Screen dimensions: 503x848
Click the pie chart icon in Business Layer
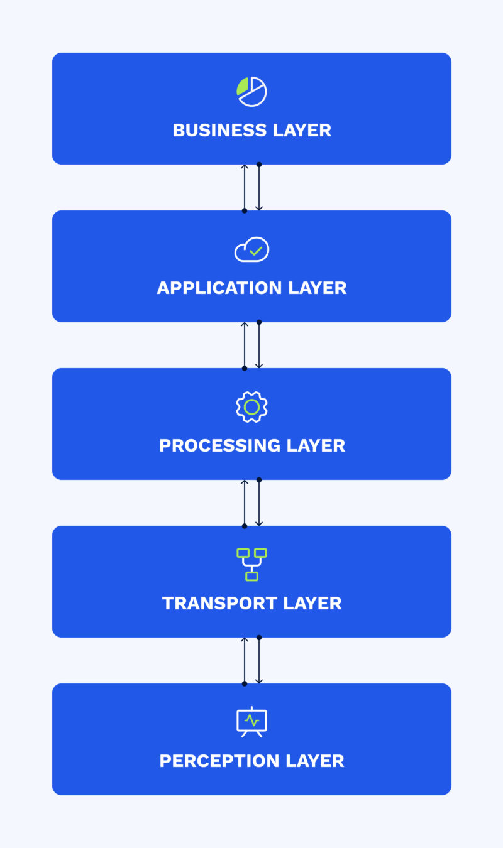[x=251, y=92]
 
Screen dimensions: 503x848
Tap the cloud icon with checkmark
[x=251, y=249]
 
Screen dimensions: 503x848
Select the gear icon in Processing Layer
[x=251, y=407]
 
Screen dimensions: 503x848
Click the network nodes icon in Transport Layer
[x=251, y=565]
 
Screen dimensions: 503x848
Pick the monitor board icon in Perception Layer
[x=251, y=722]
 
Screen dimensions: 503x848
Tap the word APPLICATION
[x=219, y=288]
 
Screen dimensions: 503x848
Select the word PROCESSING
[x=220, y=445]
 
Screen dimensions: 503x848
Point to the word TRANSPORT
[x=219, y=604]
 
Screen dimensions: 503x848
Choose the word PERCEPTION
[x=219, y=761]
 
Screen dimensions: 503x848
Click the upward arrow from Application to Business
[x=245, y=188]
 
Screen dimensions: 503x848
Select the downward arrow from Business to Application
[x=259, y=187]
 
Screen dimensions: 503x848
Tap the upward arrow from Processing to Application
[x=245, y=345]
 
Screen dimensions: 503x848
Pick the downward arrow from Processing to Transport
[x=259, y=503]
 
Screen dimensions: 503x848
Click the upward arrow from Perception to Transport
[x=245, y=661]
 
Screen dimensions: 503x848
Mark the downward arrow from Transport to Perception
[x=259, y=660]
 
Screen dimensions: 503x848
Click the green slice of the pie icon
[x=242, y=86]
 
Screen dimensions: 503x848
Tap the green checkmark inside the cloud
[x=256, y=251]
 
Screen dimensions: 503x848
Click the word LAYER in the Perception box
[x=314, y=761]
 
